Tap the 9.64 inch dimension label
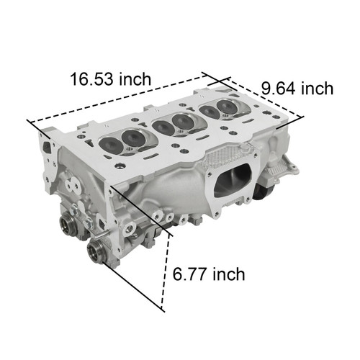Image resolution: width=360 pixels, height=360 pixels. [297, 89]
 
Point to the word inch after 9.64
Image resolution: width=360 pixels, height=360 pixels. [317, 89]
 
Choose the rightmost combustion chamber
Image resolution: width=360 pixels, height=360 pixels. [219, 109]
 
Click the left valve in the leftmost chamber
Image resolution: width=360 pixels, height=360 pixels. [111, 143]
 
